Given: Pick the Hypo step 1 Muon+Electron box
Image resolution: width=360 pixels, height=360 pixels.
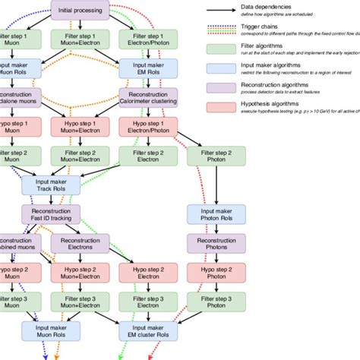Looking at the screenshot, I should click(x=80, y=125).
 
